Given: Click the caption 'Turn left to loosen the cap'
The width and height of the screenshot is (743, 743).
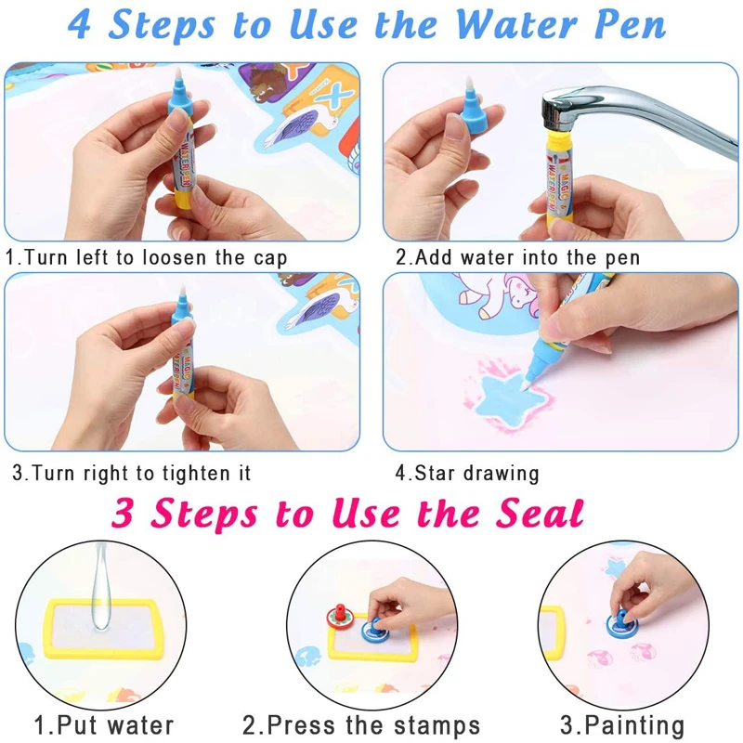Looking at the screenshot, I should tap(147, 257).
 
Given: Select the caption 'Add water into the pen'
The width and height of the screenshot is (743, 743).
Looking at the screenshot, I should tap(517, 257).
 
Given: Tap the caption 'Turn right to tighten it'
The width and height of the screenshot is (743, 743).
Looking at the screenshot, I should tap(132, 473).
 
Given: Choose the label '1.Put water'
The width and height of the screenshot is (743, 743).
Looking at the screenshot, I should tap(104, 724).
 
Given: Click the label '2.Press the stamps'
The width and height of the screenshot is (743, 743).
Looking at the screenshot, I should tap(362, 724).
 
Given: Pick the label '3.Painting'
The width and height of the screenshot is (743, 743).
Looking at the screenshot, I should tap(622, 724).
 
